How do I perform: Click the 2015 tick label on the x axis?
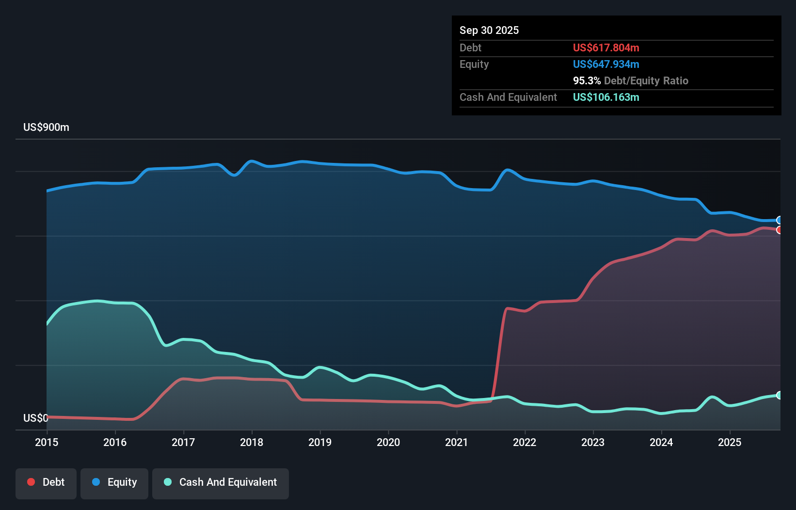pyautogui.click(x=47, y=442)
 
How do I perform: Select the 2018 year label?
pyautogui.click(x=252, y=442)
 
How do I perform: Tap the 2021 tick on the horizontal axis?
pyautogui.click(x=457, y=442)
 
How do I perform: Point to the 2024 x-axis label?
pyautogui.click(x=661, y=442)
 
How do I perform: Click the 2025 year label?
pyautogui.click(x=730, y=442)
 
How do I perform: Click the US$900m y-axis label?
pyautogui.click(x=46, y=127)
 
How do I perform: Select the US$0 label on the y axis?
pyautogui.click(x=35, y=418)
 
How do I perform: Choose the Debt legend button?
pyautogui.click(x=46, y=482)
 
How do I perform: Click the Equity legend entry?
pyautogui.click(x=114, y=482)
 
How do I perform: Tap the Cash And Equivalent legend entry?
pyautogui.click(x=221, y=482)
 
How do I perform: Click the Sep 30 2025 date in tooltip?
pyautogui.click(x=489, y=30)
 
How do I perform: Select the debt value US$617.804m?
pyautogui.click(x=605, y=48)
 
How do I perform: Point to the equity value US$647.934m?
pyautogui.click(x=605, y=64)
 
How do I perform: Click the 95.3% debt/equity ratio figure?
pyautogui.click(x=587, y=80)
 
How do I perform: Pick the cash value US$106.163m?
pyautogui.click(x=605, y=97)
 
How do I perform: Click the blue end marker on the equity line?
pyautogui.click(x=780, y=220)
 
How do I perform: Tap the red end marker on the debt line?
pyautogui.click(x=780, y=230)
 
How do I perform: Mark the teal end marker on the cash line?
pyautogui.click(x=780, y=395)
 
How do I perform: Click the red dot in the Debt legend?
pyautogui.click(x=31, y=482)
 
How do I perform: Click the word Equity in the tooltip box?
pyautogui.click(x=474, y=64)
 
